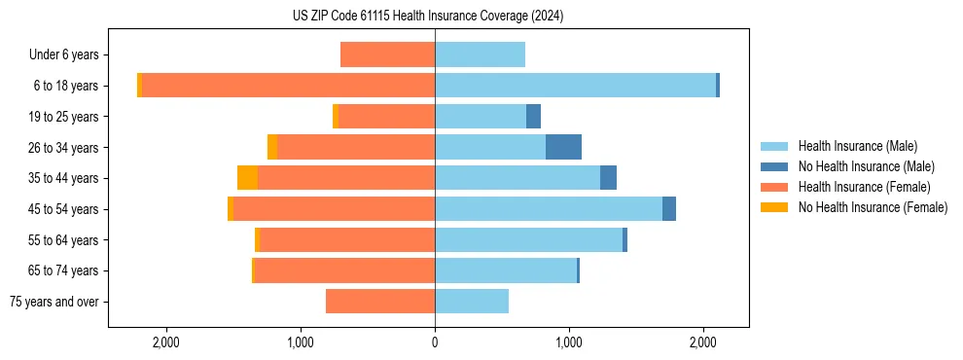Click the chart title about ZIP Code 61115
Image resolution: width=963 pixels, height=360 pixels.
(x=428, y=17)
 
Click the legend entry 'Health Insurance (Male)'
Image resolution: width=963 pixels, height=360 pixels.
(x=857, y=146)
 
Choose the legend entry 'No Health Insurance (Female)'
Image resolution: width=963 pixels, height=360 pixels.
(x=873, y=207)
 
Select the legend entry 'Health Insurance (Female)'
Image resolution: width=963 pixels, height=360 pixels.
(x=864, y=187)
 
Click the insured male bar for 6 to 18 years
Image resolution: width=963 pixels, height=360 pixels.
(x=575, y=86)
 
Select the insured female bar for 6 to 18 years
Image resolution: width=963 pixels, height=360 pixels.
(x=288, y=86)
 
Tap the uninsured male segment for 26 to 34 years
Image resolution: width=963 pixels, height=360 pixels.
(x=563, y=147)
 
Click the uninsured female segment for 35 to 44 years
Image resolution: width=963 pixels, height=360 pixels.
(x=247, y=178)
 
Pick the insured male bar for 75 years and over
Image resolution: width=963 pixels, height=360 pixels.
(x=472, y=302)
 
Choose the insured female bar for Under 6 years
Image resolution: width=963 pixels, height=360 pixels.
(x=387, y=54)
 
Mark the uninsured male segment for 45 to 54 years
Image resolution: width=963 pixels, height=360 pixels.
(x=669, y=209)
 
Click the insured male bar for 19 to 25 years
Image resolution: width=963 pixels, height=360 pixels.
(x=481, y=117)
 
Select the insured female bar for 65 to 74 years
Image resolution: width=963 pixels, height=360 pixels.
(x=344, y=270)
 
